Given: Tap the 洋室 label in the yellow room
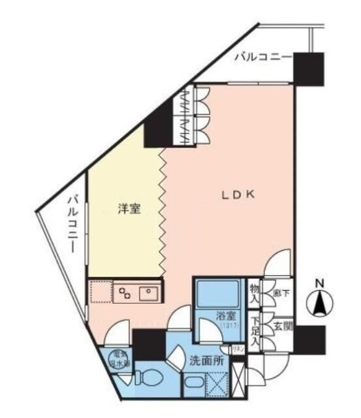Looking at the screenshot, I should [128, 208].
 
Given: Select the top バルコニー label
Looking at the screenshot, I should [262, 58].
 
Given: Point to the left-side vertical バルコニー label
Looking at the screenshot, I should [74, 223].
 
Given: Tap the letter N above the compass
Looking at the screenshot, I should [320, 283].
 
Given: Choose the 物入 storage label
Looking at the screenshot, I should [255, 292].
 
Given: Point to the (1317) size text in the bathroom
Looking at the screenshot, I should [228, 325].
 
